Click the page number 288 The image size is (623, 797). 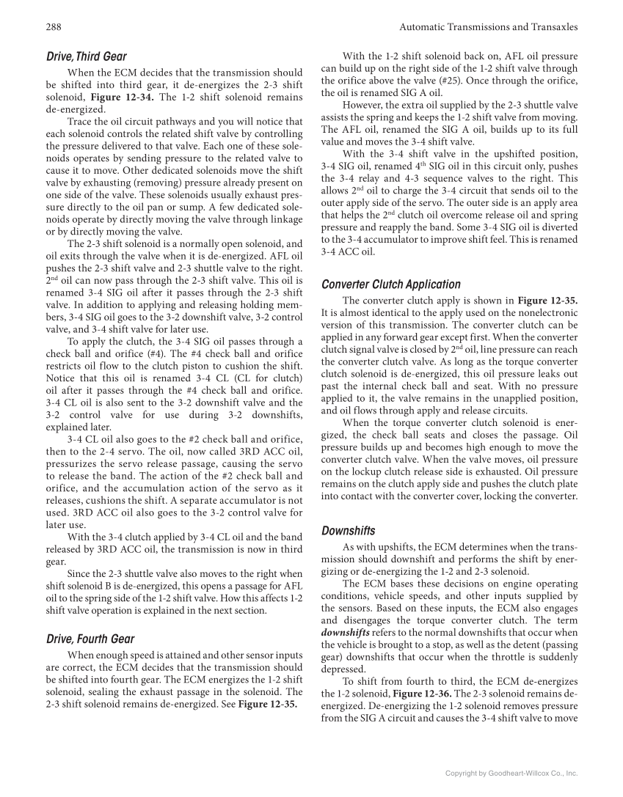pos(52,27)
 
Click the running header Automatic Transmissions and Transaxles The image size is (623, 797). pos(488,27)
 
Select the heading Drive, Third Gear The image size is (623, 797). pos(86,56)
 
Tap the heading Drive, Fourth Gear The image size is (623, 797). pos(90,639)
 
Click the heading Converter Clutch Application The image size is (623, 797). pos(391,284)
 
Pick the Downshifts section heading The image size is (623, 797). pos(349,531)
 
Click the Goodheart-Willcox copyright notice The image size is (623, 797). pos(512,773)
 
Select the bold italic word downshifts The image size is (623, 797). pos(345,632)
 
